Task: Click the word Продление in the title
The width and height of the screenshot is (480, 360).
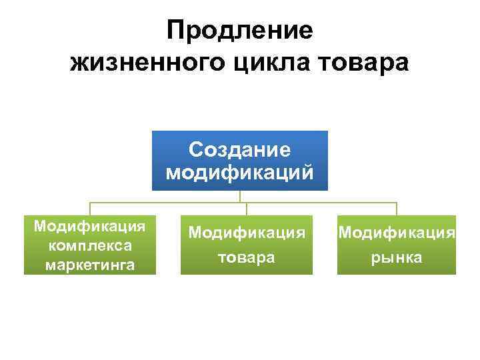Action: coord(239,31)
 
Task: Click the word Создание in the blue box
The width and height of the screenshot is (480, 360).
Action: coord(239,149)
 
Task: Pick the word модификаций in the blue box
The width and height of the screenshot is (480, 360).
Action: coord(239,173)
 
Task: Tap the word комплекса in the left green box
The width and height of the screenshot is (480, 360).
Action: coord(90,245)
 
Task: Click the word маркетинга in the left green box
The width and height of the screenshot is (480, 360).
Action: coord(90,265)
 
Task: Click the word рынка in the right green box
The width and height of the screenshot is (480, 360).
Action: coord(397,257)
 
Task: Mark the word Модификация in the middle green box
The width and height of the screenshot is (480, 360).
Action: coord(247,233)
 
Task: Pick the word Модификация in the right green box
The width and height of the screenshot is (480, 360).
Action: coord(397,233)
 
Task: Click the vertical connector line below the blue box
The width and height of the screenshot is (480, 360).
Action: coord(240,196)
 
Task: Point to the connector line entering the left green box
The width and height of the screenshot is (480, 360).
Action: coord(90,209)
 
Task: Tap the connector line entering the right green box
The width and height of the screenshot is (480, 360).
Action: coord(397,209)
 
